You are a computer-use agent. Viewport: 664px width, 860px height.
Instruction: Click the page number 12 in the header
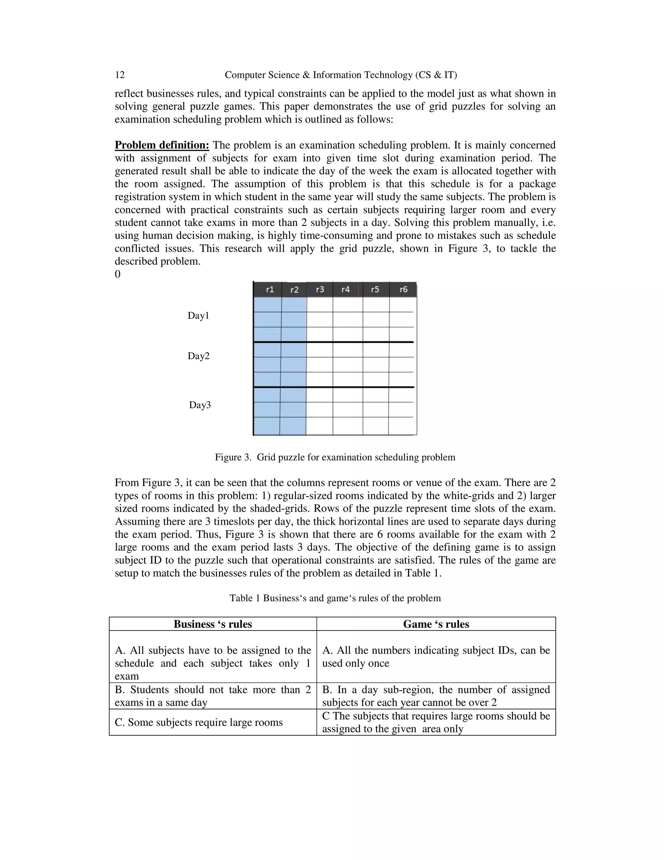pos(120,75)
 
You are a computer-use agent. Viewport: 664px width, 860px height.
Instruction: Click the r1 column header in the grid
pos(270,289)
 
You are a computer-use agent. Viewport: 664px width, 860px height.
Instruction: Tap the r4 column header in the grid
pos(345,289)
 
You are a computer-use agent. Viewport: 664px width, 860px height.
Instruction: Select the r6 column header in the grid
pos(404,289)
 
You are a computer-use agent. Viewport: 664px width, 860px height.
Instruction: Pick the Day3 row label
pos(200,405)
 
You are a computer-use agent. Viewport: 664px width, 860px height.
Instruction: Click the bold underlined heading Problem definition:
pos(162,145)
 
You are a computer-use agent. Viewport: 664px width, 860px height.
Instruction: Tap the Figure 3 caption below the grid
pos(335,457)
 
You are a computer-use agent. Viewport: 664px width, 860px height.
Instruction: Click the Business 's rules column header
pos(213,624)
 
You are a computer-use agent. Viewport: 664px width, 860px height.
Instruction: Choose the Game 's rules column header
pos(436,624)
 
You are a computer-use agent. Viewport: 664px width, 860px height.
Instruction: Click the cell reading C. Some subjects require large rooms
pos(199,722)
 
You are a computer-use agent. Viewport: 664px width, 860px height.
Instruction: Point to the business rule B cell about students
pos(213,696)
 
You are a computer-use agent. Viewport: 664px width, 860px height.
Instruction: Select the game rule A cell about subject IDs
pos(436,657)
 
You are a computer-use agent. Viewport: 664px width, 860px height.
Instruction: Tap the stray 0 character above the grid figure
pos(118,274)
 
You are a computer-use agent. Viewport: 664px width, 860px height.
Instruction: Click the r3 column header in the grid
pos(320,289)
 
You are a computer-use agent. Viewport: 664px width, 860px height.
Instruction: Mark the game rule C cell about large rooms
pos(436,722)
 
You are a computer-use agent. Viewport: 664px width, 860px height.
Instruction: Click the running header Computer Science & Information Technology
pos(341,75)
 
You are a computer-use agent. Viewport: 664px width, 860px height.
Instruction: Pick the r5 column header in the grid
pos(375,289)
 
